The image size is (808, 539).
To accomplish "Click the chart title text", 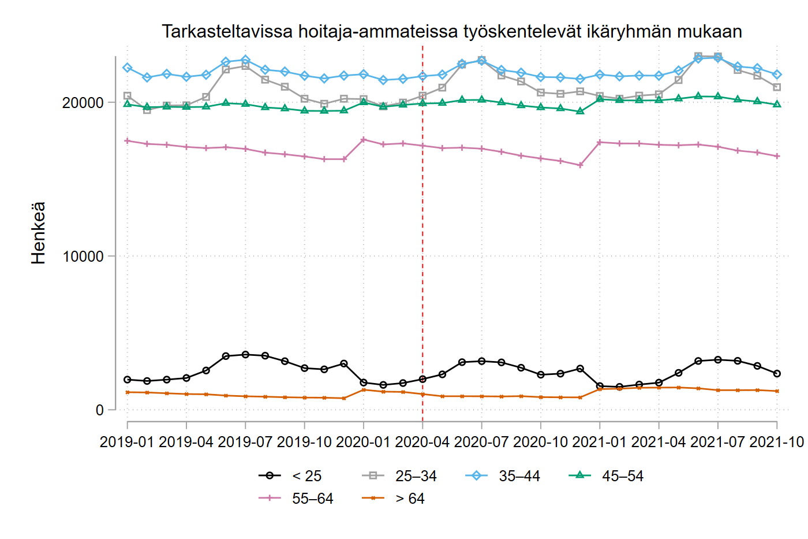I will (x=451, y=31).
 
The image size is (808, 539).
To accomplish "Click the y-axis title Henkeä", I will (x=38, y=233).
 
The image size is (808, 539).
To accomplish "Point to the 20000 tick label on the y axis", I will (x=83, y=103).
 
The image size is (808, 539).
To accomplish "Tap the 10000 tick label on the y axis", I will (x=83, y=257).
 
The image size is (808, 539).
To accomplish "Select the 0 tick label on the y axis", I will (x=100, y=410).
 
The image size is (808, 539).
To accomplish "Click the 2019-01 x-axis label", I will (x=127, y=442).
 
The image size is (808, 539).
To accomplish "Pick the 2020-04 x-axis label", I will (x=422, y=442).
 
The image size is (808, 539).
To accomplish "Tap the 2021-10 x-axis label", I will (x=777, y=442).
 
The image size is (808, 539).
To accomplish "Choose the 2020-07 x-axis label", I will (x=481, y=442).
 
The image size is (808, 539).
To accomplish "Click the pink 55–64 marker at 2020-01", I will (x=364, y=139).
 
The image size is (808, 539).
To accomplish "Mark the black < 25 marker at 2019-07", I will (x=245, y=354).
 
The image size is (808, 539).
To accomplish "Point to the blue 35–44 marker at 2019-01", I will (x=127, y=68).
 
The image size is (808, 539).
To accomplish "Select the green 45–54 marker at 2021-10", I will (x=777, y=104).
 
